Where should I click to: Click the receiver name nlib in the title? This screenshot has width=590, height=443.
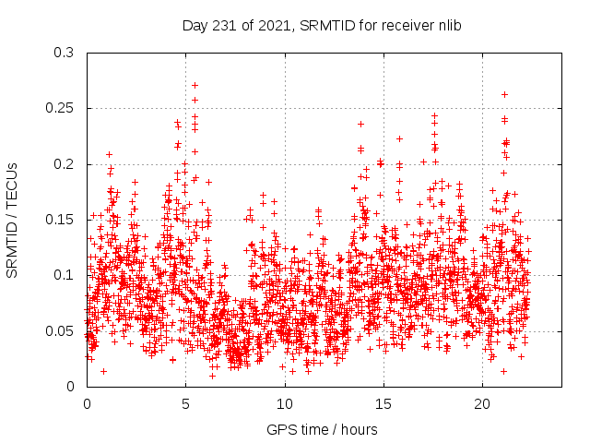tap(448, 25)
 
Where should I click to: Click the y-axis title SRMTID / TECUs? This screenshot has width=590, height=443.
tap(12, 219)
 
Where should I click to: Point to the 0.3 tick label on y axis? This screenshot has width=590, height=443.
tap(64, 53)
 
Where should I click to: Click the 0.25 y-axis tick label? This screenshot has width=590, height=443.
tap(60, 108)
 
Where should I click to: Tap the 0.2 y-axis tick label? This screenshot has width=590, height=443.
tap(64, 164)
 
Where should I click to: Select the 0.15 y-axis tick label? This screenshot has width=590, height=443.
tap(60, 220)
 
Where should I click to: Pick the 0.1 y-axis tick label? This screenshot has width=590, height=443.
tap(64, 275)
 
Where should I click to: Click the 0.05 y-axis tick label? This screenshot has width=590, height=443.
tap(60, 330)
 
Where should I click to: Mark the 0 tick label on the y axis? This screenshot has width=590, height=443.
tap(70, 386)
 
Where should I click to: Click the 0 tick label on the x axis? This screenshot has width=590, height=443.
tap(87, 404)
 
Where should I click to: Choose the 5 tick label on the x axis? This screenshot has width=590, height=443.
tap(185, 404)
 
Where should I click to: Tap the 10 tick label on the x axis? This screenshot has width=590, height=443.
tap(285, 404)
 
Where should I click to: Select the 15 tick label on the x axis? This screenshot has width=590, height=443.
tap(383, 404)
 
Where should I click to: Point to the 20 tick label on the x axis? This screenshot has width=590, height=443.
tap(482, 404)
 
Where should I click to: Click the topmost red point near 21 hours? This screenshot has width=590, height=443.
tap(504, 94)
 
